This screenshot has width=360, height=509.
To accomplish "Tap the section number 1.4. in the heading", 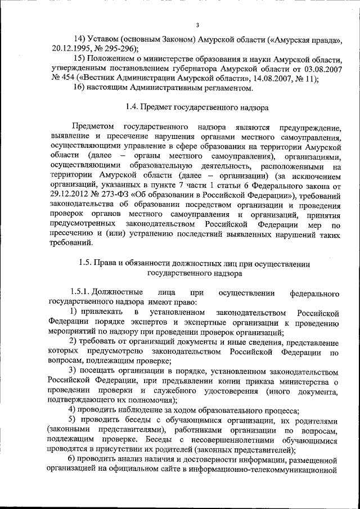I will tap(134, 107).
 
